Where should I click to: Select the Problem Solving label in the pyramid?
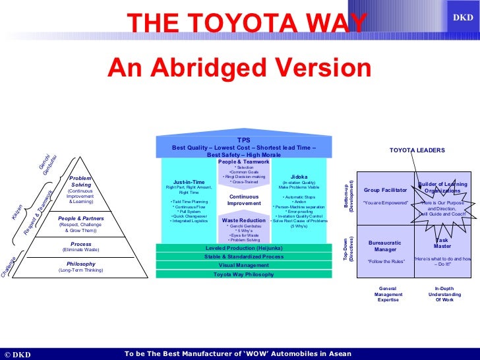(x=81, y=181)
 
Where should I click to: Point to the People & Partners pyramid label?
(x=80, y=218)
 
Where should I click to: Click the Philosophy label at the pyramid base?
(x=81, y=264)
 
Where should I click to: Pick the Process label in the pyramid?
(x=81, y=244)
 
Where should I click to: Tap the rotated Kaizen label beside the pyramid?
(x=17, y=211)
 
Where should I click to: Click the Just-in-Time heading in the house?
(x=189, y=181)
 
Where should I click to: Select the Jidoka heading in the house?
(x=299, y=177)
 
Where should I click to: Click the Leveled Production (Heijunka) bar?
(x=244, y=248)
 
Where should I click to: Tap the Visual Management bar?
(x=244, y=265)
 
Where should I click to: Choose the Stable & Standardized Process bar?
(x=244, y=256)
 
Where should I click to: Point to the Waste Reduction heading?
(x=243, y=220)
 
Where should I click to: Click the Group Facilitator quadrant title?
(x=386, y=190)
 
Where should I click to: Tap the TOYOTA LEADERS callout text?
(x=417, y=150)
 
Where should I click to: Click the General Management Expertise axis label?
(x=388, y=294)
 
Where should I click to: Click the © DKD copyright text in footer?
(x=18, y=354)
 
